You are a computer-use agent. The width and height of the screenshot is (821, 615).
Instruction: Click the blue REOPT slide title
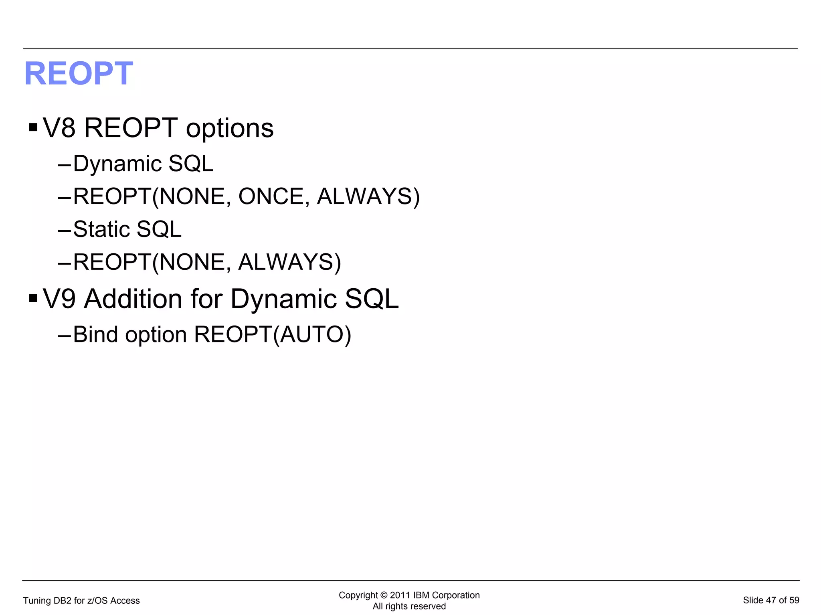79,73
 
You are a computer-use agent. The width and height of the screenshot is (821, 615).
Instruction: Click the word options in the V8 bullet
230,129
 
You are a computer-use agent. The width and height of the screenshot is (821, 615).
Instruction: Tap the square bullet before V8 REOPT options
33,128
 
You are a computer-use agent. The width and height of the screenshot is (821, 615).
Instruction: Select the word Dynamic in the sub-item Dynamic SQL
117,164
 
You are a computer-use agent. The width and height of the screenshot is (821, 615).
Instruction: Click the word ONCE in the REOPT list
271,196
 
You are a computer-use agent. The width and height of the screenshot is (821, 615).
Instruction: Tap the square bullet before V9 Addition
33,298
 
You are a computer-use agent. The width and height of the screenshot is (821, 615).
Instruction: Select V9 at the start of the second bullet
59,299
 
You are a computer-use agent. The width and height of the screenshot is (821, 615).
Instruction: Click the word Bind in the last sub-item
95,334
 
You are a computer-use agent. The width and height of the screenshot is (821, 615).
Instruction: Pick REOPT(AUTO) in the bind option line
273,334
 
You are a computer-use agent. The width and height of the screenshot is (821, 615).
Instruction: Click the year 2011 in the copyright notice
400,595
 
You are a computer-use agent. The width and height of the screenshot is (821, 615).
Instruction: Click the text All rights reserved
409,606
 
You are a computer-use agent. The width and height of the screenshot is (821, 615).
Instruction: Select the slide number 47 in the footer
771,600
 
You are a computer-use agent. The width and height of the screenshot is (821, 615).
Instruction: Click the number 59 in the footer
794,600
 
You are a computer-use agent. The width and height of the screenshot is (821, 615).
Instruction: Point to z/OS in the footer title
97,601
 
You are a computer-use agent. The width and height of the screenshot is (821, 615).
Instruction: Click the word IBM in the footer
421,595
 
